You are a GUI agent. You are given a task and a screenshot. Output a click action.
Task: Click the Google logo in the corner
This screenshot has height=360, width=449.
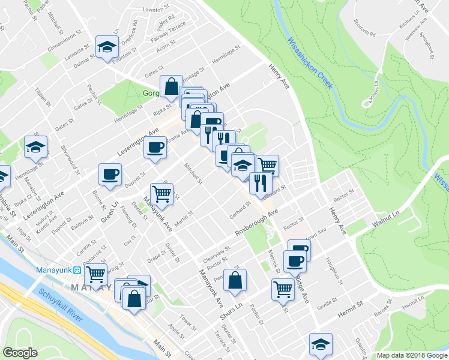(20, 353)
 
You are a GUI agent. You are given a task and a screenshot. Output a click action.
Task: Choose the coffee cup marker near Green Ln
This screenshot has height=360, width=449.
(111, 175)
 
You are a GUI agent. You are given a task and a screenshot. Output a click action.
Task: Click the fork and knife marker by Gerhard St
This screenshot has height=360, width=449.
(260, 182)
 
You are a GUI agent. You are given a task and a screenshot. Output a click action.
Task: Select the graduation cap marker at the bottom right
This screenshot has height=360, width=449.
(321, 344)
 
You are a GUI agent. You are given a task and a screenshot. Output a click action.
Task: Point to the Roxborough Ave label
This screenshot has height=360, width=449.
(257, 221)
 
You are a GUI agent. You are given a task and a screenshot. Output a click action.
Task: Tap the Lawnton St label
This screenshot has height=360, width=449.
(158, 10)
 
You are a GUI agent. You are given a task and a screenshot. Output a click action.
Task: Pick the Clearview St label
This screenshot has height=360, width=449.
(217, 252)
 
